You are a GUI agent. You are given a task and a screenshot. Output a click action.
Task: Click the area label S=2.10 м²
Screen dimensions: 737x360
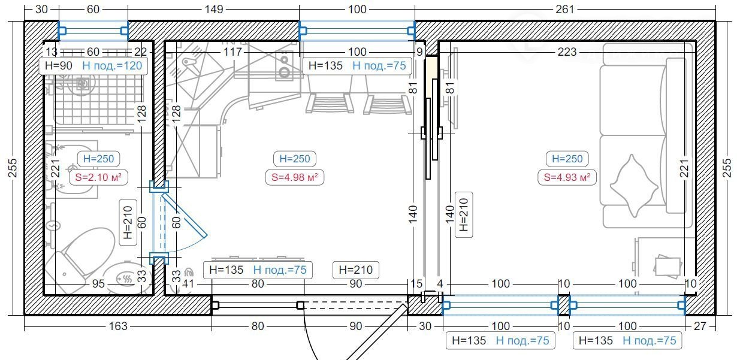(x=98, y=177)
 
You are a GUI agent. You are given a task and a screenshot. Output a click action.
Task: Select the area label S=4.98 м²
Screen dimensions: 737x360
(x=294, y=177)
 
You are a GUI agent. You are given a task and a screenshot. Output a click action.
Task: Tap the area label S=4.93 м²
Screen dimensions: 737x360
(x=567, y=177)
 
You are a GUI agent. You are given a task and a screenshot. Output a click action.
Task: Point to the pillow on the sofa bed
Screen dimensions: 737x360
(x=634, y=186)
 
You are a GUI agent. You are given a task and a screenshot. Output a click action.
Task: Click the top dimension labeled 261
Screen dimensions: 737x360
(x=564, y=9)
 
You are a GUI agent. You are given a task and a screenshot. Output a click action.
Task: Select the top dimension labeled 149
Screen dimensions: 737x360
(x=214, y=9)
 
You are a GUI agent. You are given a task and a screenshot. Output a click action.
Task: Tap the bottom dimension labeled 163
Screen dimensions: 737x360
(x=118, y=326)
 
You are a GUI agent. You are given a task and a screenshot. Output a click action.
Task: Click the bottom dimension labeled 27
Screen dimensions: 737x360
(x=700, y=326)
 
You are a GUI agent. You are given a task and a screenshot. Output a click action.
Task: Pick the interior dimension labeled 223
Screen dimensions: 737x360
(x=567, y=52)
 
